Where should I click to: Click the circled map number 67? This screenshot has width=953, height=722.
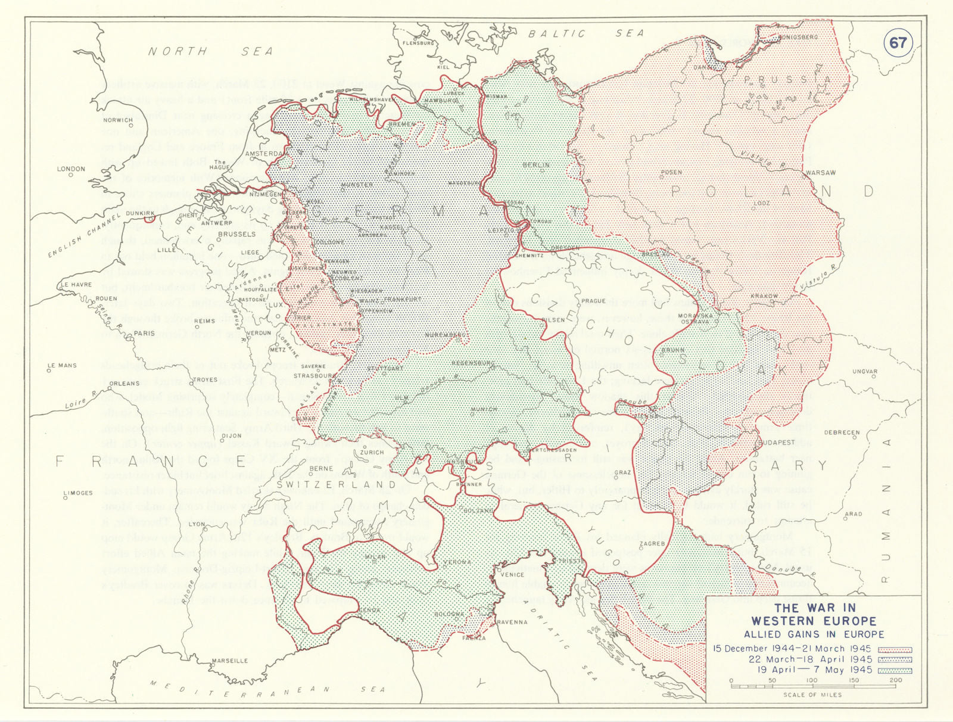tap(898, 43)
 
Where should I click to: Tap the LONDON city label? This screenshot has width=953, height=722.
tap(71, 169)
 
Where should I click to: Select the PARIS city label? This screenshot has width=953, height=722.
tap(144, 333)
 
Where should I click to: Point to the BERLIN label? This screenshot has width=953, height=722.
tap(535, 165)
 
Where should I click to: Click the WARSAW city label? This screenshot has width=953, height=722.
tap(820, 173)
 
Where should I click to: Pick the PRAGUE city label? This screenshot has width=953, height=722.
tap(593, 301)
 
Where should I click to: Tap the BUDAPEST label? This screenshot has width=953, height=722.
tap(778, 443)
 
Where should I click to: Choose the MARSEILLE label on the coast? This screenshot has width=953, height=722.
tap(230, 661)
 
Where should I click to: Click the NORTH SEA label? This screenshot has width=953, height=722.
tap(210, 52)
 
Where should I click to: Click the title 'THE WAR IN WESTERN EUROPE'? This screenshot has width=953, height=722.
tap(815, 614)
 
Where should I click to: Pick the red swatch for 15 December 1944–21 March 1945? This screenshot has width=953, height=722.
tap(895, 649)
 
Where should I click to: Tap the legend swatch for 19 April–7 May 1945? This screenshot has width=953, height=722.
tap(895, 670)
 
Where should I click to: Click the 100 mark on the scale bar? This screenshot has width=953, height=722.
tap(812, 680)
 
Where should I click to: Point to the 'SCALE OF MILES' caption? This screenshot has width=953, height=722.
tap(812, 695)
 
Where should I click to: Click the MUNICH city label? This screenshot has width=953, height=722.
tap(483, 410)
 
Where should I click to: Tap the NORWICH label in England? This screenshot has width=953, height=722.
tap(118, 120)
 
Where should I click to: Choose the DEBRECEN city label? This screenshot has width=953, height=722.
tap(842, 432)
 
